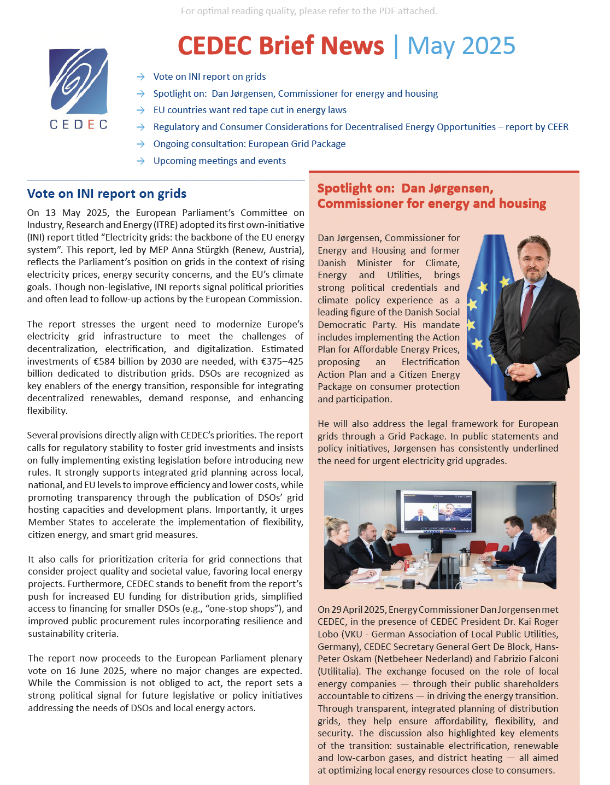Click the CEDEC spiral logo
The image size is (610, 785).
click(79, 81)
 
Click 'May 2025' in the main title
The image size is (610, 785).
click(461, 46)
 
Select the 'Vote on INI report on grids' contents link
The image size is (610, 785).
click(209, 77)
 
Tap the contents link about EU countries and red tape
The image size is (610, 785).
click(250, 110)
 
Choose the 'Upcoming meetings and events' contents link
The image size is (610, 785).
click(219, 161)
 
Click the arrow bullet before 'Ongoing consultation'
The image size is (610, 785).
click(140, 144)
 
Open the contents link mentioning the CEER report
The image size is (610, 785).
click(360, 127)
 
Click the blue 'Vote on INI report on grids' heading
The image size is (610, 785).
click(107, 194)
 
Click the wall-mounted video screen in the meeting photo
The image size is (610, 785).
click(437, 512)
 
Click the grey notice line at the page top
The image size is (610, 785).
click(309, 11)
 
